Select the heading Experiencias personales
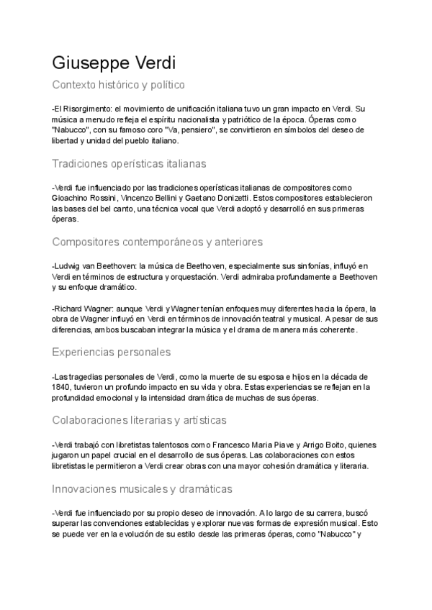[112, 352]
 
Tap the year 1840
[63, 387]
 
